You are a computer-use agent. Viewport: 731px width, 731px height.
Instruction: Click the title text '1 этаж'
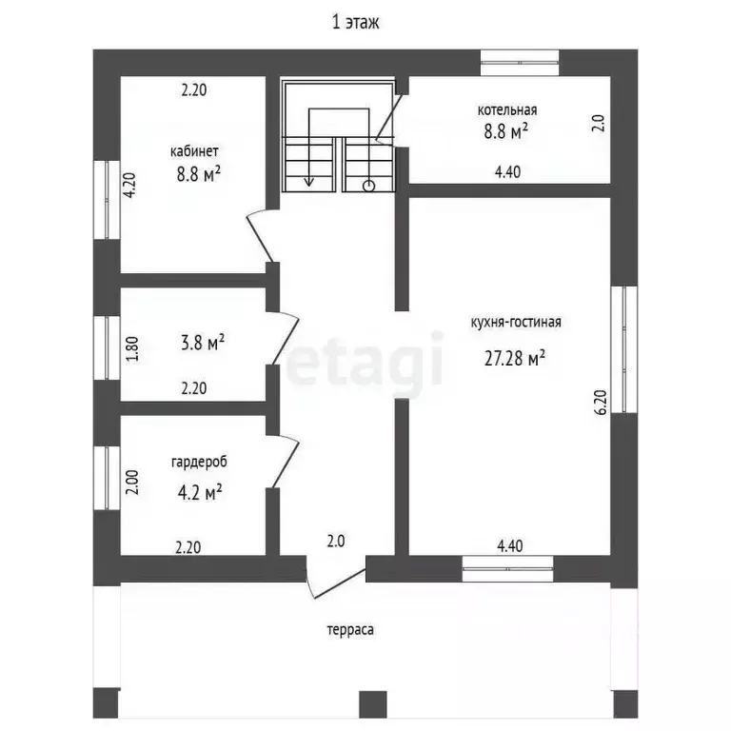[x=355, y=23]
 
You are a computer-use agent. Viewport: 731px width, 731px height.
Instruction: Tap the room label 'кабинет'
[x=194, y=151]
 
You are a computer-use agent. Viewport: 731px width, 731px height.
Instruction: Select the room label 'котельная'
[x=506, y=110]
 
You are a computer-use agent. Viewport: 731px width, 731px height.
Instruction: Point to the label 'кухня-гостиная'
[x=516, y=322]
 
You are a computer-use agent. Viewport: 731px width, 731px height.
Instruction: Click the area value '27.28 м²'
[x=515, y=359]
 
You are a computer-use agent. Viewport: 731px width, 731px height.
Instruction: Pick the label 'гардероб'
[x=199, y=462]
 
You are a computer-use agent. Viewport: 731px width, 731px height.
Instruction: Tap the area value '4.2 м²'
[x=199, y=492]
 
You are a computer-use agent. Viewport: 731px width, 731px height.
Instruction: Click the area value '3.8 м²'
[x=203, y=343]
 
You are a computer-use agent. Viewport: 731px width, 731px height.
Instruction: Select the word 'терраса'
[x=350, y=630]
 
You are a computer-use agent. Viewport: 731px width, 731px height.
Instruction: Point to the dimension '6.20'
[x=602, y=403]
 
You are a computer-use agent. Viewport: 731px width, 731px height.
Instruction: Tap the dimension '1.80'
[x=132, y=348]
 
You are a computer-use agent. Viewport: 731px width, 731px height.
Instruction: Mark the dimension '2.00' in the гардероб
[x=132, y=482]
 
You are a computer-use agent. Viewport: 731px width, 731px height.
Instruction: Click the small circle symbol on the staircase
[x=368, y=186]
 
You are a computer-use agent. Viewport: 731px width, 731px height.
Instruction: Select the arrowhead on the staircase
[x=308, y=182]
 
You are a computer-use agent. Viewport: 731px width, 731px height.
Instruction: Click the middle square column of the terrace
[x=373, y=704]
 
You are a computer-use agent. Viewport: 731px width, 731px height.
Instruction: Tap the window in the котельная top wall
[x=520, y=63]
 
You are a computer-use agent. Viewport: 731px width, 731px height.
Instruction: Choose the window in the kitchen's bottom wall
[x=507, y=569]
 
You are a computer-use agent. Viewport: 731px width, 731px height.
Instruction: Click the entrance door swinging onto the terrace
[x=336, y=578]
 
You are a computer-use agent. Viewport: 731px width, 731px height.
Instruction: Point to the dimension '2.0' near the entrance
[x=336, y=542]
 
